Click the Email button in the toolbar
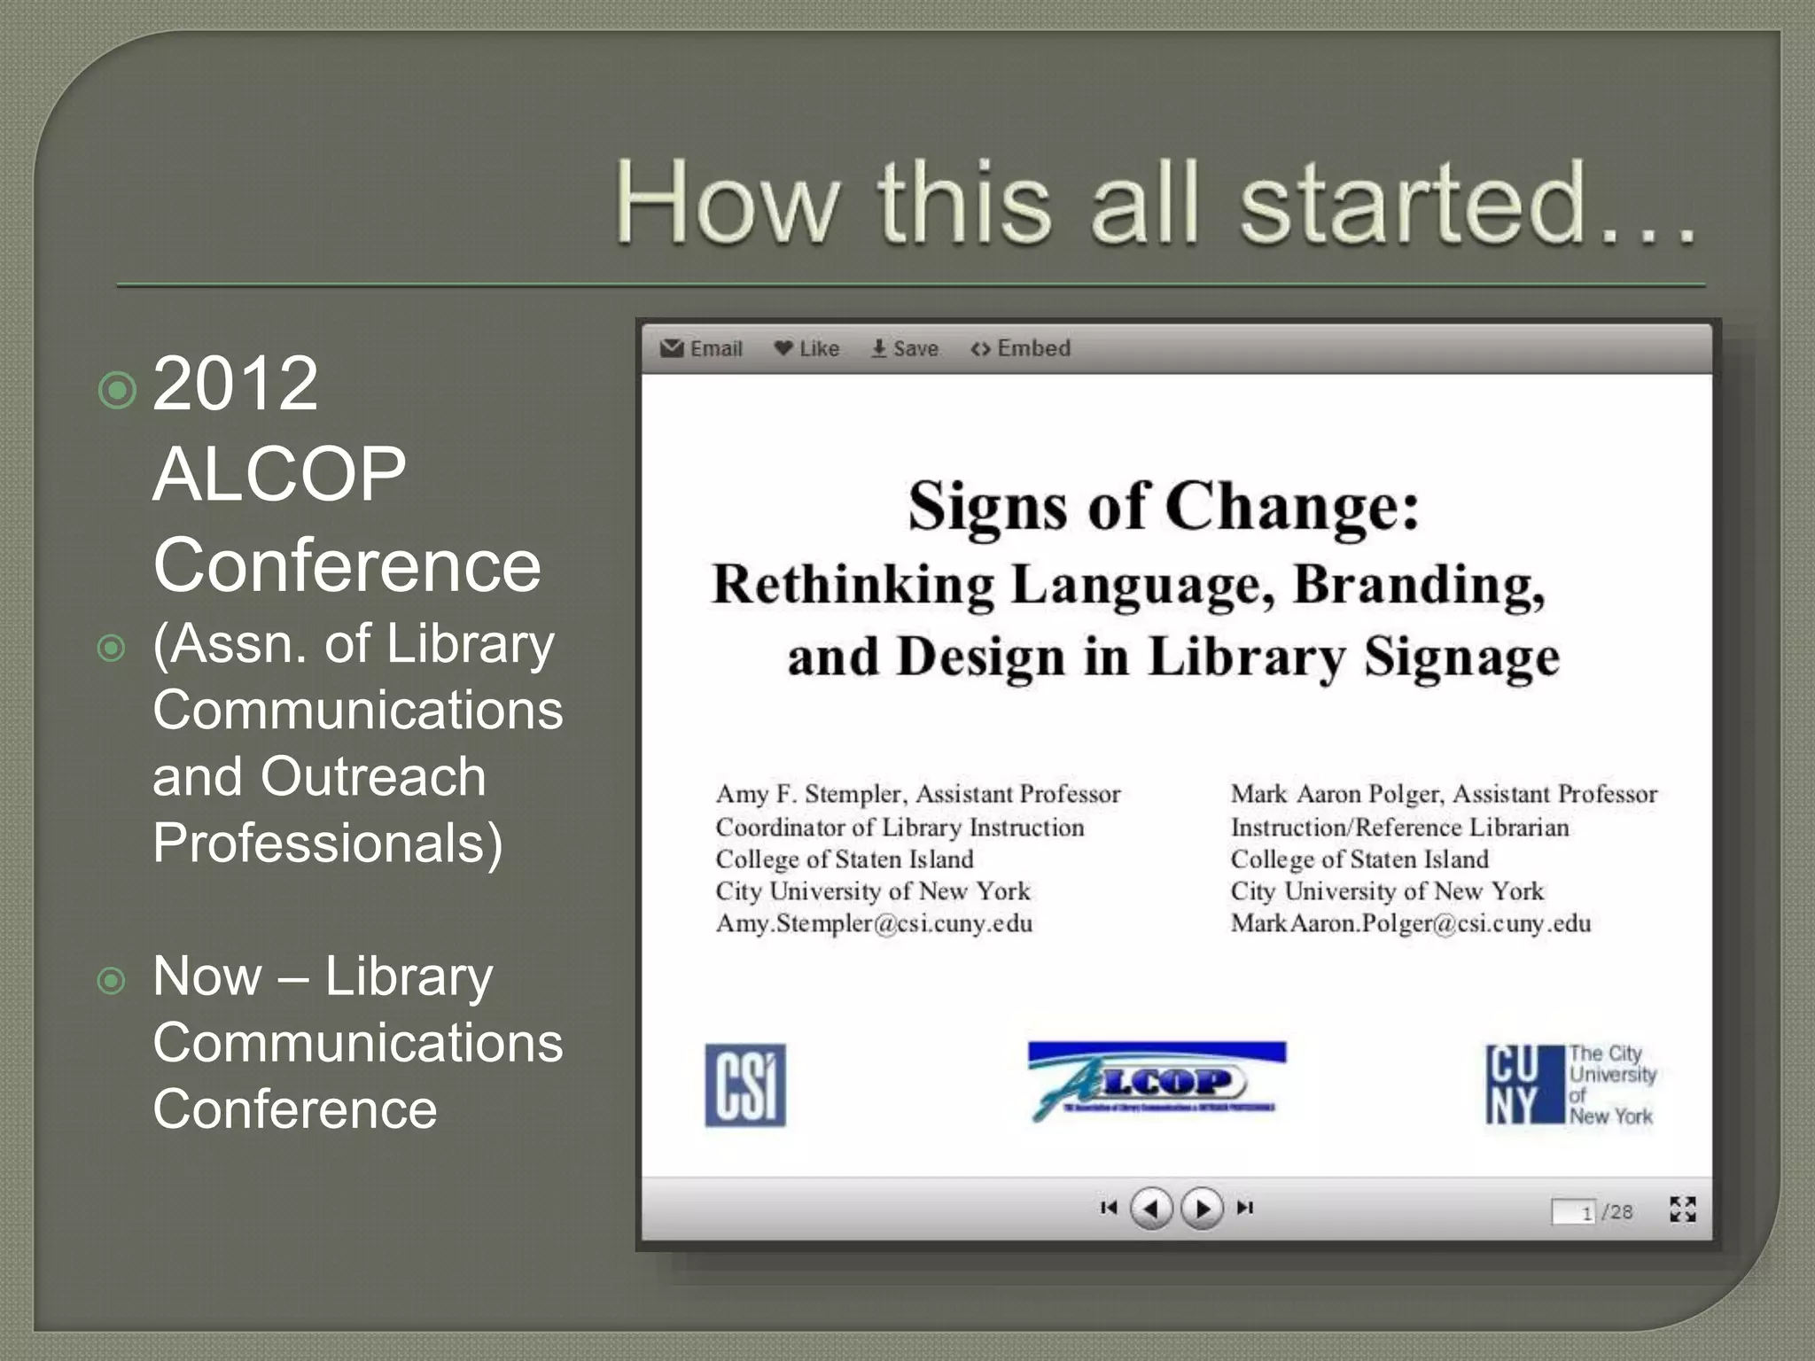(701, 348)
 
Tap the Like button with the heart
(806, 348)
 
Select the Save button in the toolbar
(904, 348)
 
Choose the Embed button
(1021, 348)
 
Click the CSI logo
(745, 1085)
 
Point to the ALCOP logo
(1157, 1080)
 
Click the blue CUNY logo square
(1524, 1085)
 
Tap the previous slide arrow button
(1151, 1208)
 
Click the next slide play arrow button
(1202, 1208)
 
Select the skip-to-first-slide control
(1108, 1208)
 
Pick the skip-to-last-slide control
(1245, 1208)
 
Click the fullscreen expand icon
(1682, 1209)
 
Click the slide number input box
(1573, 1212)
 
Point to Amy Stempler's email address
(874, 923)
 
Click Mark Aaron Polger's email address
(1410, 923)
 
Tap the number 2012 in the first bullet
(235, 383)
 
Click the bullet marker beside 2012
(117, 390)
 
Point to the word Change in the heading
(1291, 507)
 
